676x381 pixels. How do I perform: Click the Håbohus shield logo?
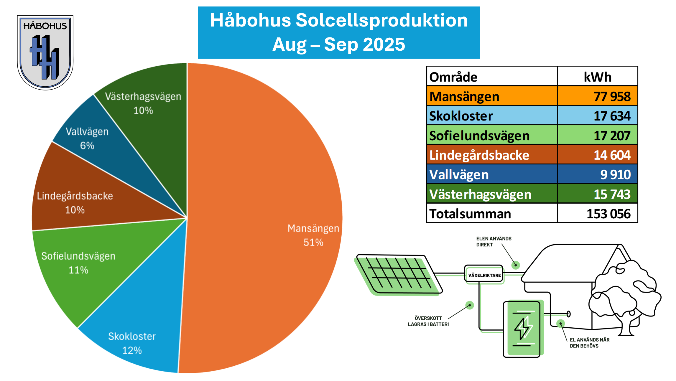[45, 52]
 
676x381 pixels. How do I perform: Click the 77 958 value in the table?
[612, 96]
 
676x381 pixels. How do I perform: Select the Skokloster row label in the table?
[461, 116]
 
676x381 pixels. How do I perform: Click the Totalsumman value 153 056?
[608, 214]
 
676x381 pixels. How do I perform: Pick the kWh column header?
[598, 77]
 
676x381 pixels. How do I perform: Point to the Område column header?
[453, 77]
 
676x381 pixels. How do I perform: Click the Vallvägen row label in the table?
[459, 174]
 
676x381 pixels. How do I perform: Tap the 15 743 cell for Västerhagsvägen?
[612, 194]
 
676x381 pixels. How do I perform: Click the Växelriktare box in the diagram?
[484, 274]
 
